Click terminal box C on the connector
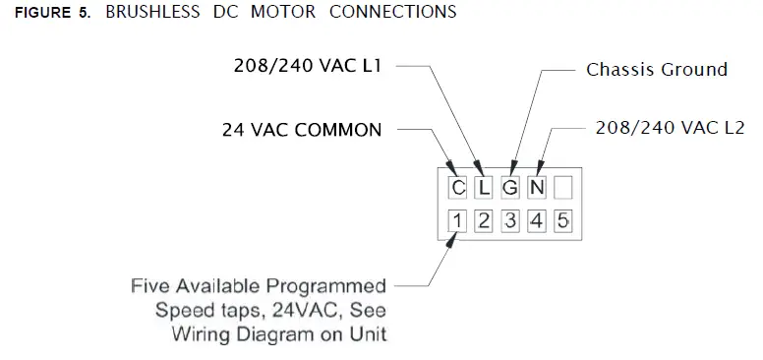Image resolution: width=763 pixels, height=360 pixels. (x=458, y=188)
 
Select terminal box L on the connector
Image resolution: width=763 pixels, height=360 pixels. (x=484, y=188)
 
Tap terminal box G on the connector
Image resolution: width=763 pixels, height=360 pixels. (x=510, y=188)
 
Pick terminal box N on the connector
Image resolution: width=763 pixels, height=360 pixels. (x=536, y=188)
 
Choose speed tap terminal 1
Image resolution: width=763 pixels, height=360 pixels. (x=458, y=220)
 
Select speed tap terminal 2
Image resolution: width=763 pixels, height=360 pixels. (x=484, y=220)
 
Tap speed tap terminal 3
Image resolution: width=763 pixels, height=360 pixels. (x=510, y=220)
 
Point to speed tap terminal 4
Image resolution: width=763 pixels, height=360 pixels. (x=536, y=220)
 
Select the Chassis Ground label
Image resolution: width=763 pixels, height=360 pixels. (x=657, y=70)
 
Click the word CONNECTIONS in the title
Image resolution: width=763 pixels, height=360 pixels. (x=392, y=13)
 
